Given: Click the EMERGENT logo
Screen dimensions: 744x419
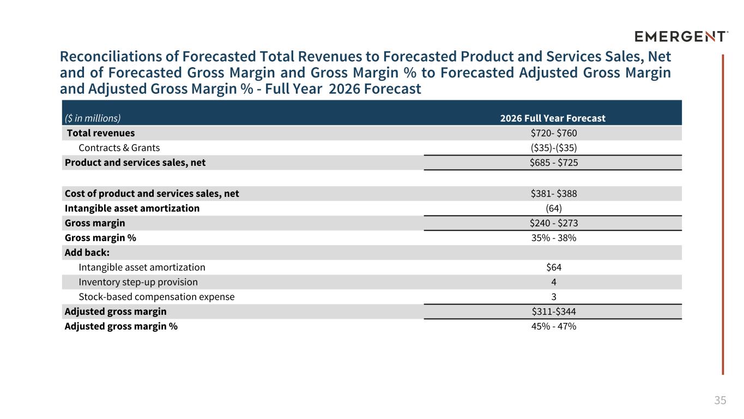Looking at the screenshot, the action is point(681,36).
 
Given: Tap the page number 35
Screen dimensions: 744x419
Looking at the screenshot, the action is point(720,400).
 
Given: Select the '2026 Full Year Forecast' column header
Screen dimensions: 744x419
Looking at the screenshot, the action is point(553,118).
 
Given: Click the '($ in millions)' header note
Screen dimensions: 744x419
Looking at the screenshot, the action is point(93,118).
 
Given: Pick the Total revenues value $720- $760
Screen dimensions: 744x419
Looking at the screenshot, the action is point(554,133).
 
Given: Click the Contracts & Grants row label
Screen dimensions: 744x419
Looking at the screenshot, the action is point(119,148).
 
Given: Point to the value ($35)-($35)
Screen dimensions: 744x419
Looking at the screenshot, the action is point(554,148).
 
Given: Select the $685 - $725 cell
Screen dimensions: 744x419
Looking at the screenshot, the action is point(554,163).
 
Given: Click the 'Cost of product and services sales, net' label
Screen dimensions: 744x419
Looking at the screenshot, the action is point(152,194).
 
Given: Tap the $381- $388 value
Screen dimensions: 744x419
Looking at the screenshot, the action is point(554,194).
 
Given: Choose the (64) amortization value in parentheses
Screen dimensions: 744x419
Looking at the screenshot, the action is point(554,208).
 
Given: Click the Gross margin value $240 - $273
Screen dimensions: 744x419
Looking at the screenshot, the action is point(554,223).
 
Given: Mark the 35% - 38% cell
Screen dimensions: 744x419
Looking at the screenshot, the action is point(554,238).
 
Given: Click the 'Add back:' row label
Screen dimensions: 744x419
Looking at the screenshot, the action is point(87,253).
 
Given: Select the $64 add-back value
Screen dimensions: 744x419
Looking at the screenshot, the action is point(554,267).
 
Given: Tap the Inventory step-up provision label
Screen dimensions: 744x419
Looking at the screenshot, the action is point(138,282).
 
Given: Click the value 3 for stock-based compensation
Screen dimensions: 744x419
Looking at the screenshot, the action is point(554,297).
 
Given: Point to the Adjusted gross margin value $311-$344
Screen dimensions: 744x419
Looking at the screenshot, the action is point(554,312).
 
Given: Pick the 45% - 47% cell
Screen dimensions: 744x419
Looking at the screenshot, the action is point(554,326).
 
